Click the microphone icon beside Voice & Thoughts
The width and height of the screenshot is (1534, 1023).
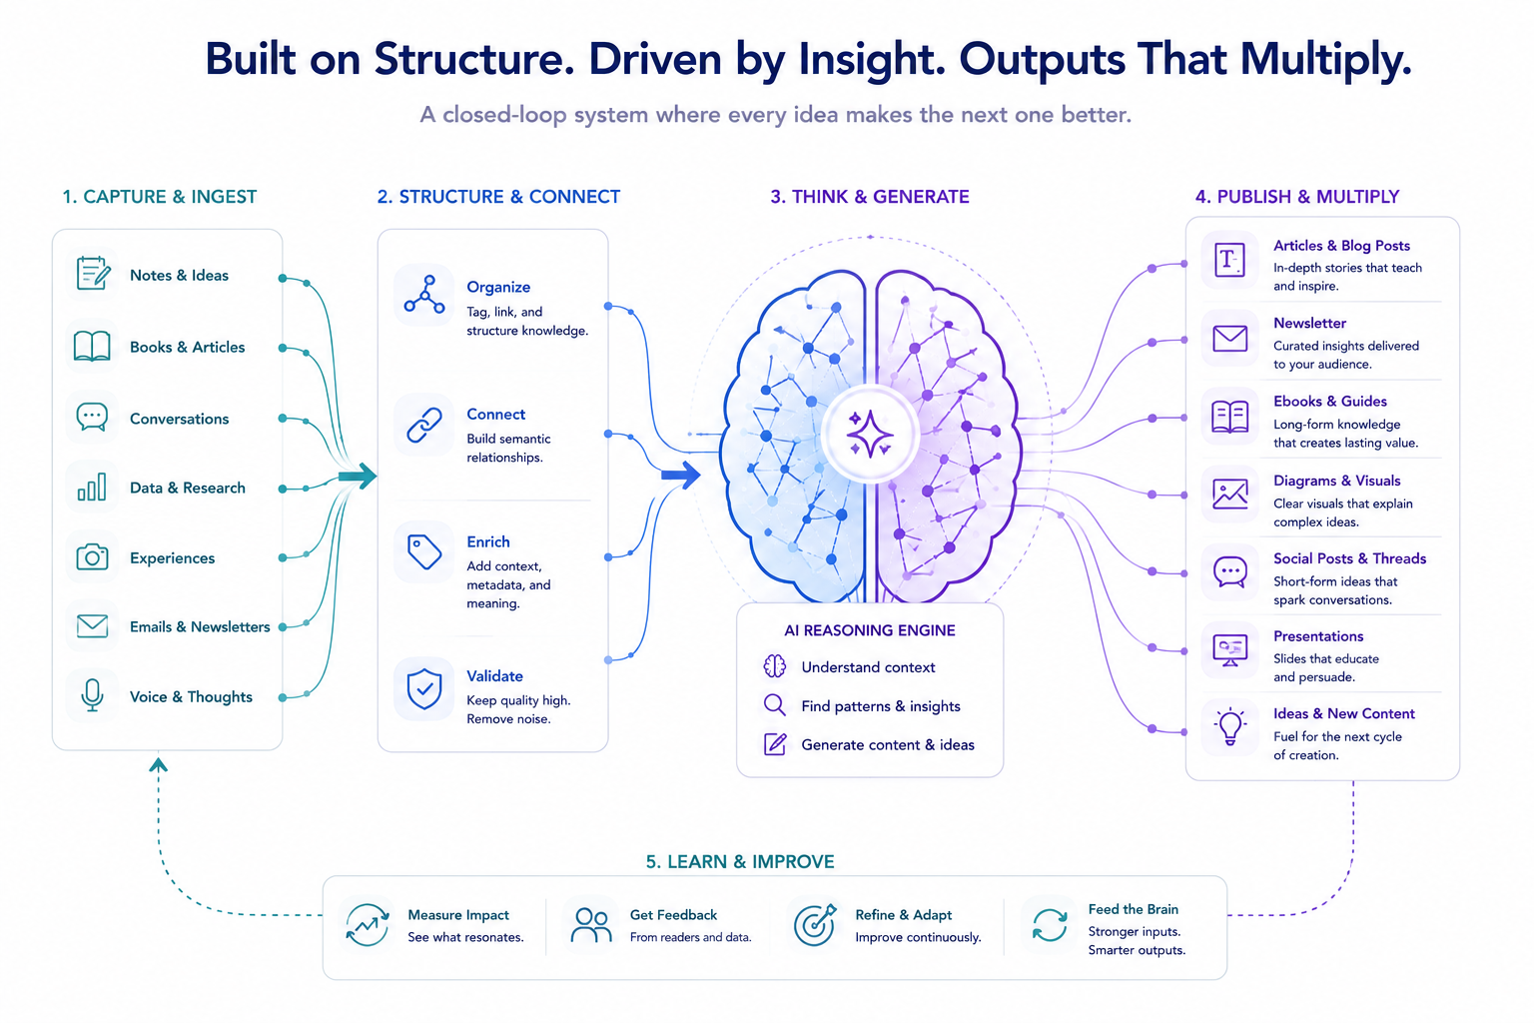(92, 695)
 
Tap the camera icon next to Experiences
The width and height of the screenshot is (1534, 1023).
(92, 556)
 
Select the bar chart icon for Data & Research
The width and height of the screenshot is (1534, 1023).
(92, 487)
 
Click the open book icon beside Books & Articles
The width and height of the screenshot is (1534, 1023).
(92, 346)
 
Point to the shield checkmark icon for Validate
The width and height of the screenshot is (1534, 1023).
(423, 688)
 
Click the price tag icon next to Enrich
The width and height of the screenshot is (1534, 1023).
(423, 552)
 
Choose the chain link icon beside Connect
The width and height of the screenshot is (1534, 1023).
(423, 425)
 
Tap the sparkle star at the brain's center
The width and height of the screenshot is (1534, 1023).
(870, 434)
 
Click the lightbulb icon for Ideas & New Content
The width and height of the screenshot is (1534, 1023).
(1230, 726)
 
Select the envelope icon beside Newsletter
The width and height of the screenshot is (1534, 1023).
(1230, 339)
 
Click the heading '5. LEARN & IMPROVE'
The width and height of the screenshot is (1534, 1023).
(740, 861)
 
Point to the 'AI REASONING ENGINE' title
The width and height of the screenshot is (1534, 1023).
(869, 630)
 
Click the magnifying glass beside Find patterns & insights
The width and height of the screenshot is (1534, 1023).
(775, 705)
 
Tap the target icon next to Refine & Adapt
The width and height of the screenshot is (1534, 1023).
(814, 924)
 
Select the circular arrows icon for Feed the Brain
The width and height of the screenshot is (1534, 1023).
(1050, 924)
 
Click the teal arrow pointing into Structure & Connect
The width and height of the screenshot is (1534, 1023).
(358, 477)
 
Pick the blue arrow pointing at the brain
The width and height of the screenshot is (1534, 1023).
(681, 475)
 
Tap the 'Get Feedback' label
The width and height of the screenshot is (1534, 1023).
(673, 915)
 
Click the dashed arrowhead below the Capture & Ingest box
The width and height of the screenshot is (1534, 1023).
(158, 764)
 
